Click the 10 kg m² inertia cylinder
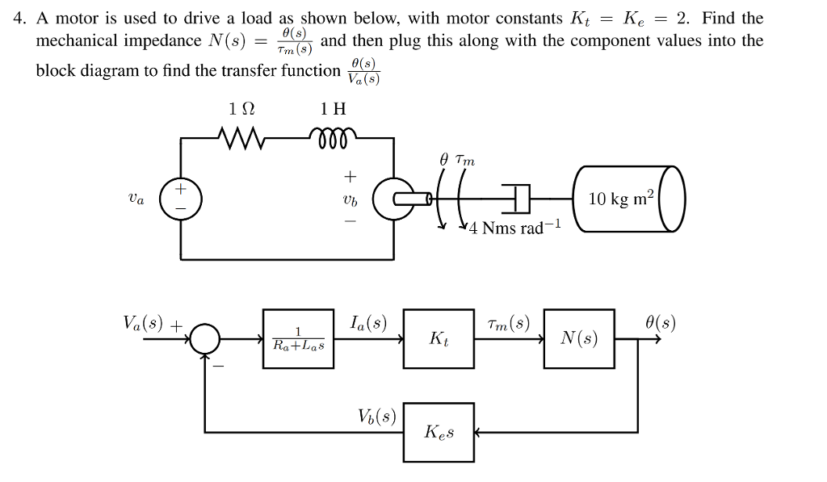(631, 199)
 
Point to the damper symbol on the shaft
(516, 197)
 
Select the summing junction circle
(207, 339)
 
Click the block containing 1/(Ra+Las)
(298, 339)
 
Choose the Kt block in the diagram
(439, 339)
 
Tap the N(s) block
(579, 339)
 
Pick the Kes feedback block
(439, 433)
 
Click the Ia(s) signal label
(368, 325)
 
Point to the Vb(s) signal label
(377, 417)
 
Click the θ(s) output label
(660, 325)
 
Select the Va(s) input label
(145, 325)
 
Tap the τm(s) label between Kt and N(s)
(509, 325)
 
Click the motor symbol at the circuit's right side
(396, 198)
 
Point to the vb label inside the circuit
(349, 199)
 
